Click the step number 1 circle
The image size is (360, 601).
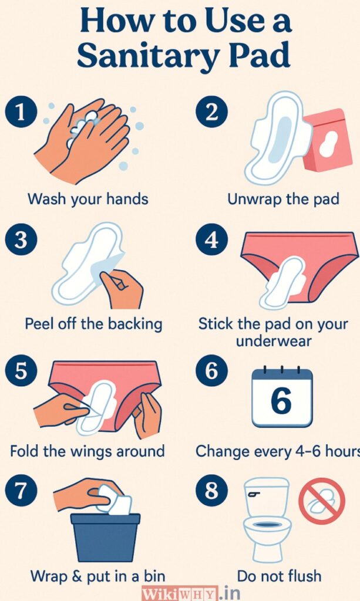click(x=21, y=113)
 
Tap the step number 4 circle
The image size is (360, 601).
click(x=211, y=240)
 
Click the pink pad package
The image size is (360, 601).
click(x=328, y=140)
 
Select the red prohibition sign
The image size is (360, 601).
click(x=322, y=501)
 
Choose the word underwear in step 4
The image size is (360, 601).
click(x=274, y=341)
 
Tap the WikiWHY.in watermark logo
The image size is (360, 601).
click(x=190, y=593)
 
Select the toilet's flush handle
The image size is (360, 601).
click(x=253, y=494)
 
